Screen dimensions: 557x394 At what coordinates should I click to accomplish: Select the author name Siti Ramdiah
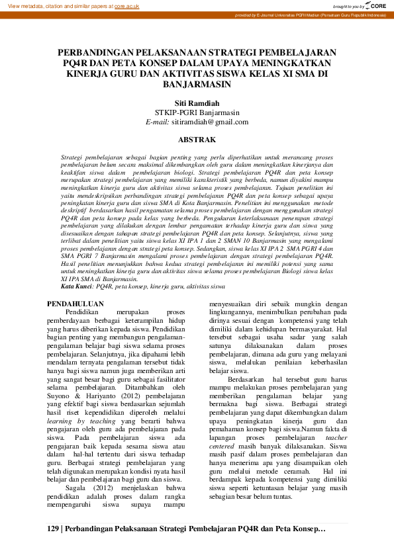[197, 103]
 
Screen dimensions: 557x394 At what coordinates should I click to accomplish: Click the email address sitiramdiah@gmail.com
[209, 122]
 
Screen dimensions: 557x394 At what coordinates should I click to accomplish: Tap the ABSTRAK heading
[197, 140]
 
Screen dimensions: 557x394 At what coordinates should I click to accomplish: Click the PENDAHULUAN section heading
[77, 302]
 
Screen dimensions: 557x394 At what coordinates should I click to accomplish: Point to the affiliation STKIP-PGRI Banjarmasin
[197, 112]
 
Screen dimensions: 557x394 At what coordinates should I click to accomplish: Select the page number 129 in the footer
[53, 529]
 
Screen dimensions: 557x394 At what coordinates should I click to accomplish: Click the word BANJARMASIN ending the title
[197, 85]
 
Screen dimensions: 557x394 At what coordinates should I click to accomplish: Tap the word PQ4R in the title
[79, 64]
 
